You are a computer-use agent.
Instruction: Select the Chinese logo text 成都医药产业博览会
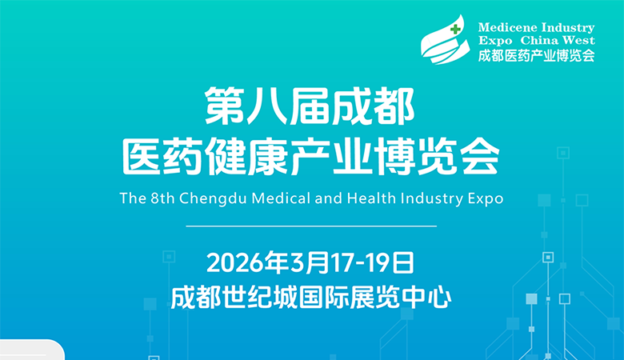coord(536,55)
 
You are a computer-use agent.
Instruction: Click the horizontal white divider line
coord(311,226)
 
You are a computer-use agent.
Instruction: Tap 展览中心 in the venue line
coord(408,298)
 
